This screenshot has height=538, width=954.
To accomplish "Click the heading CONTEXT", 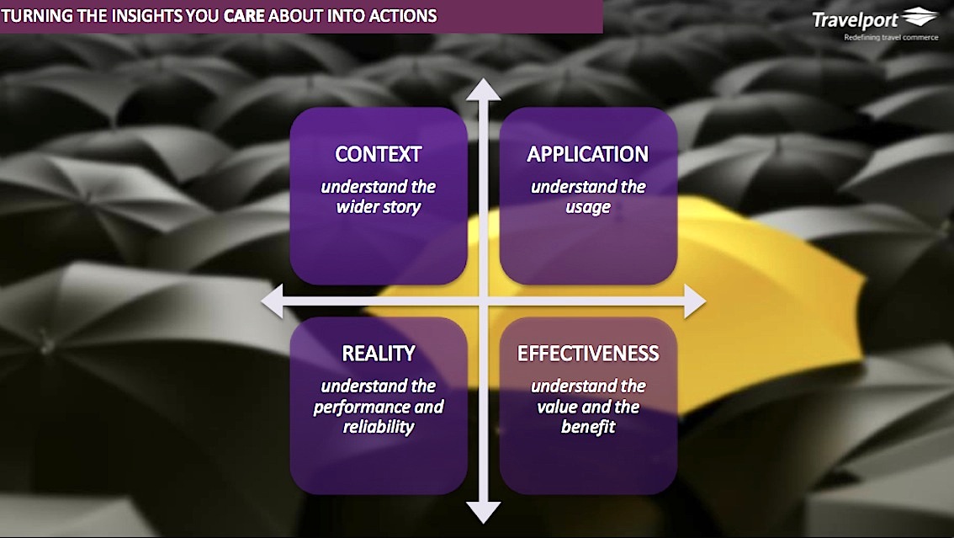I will pos(378,155).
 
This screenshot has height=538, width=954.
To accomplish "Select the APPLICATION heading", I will pos(587,155).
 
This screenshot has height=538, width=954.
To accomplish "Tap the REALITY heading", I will pos(378,354).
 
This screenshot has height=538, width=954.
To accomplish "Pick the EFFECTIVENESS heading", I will pos(587,354).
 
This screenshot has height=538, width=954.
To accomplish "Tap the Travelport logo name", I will pos(856,19).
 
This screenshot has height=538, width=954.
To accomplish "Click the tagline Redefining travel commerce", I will pos(891,37).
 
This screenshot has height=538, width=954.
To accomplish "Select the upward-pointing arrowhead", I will pos(484,88).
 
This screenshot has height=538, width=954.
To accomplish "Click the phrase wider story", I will pos(378,207).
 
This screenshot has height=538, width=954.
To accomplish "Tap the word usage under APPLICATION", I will pos(587,207).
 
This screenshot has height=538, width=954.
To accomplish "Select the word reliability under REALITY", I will pos(378,427).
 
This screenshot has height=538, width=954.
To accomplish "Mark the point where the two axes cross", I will pos(484,301).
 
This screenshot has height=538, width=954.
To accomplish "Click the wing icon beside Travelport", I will pos(920,18).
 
